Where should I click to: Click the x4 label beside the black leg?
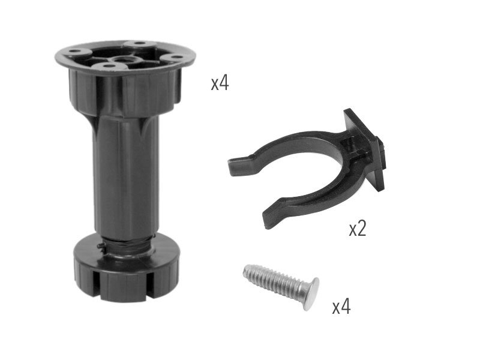pos(220,83)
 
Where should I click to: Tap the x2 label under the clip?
pos(358,229)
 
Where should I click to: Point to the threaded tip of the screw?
pos(247,272)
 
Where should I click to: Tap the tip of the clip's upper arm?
pos(233,166)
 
